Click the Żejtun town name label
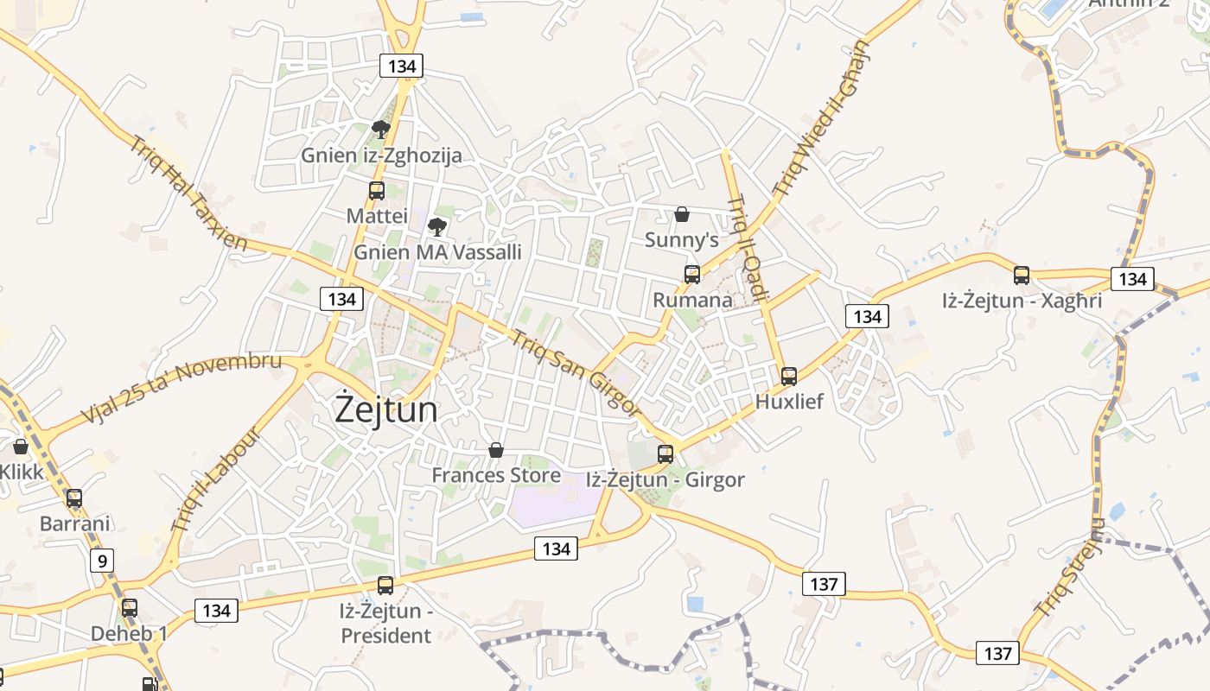click(386, 409)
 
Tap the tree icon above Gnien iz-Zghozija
click(380, 130)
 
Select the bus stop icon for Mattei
click(377, 191)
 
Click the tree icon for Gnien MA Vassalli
click(437, 227)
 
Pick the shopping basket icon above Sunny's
click(682, 214)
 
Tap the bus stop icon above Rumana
click(692, 275)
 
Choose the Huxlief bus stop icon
click(789, 377)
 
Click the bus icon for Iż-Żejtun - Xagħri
click(1022, 276)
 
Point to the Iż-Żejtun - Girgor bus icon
click(665, 453)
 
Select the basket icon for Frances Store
click(496, 450)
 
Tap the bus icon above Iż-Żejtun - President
click(385, 586)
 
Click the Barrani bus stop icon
click(74, 498)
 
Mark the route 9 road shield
click(102, 561)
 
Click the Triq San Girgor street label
click(575, 372)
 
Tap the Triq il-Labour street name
click(215, 480)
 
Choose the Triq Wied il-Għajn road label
click(823, 117)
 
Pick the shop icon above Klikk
click(20, 447)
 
